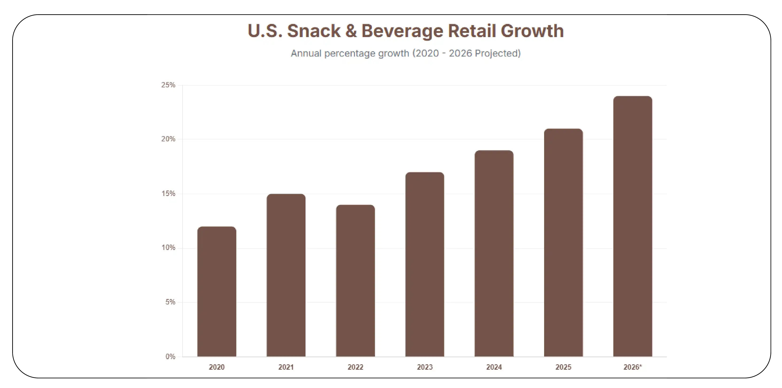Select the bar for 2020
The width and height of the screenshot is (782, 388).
click(217, 291)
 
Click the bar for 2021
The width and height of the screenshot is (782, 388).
click(286, 275)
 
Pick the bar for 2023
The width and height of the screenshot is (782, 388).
click(424, 264)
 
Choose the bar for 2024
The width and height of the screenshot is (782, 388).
click(494, 253)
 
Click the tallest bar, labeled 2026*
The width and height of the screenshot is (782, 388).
click(633, 226)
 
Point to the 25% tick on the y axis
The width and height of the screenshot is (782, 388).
click(168, 85)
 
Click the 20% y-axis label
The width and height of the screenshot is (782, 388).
click(168, 139)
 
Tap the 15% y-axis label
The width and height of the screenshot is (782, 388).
click(168, 194)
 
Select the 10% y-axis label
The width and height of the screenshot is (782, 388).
click(168, 248)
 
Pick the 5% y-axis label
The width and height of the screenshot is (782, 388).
click(170, 302)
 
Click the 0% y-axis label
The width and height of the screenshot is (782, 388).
click(170, 357)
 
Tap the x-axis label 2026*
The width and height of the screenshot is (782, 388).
click(633, 367)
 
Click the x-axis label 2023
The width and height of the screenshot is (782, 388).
click(424, 367)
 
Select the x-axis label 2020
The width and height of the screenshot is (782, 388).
click(217, 367)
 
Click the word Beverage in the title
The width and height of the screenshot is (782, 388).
click(402, 31)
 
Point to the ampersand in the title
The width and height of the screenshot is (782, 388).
click(351, 31)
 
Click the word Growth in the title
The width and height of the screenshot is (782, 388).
click(532, 31)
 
